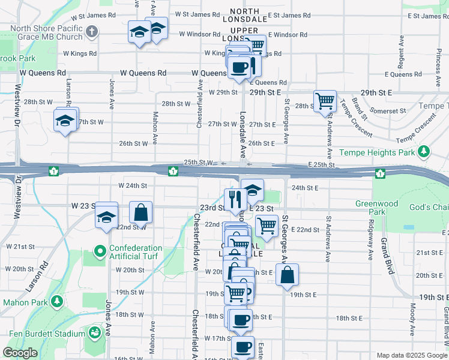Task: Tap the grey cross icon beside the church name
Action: click(x=91, y=31)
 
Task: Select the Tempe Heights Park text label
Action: click(x=377, y=153)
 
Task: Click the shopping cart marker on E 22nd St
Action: click(x=267, y=226)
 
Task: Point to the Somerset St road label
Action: click(x=388, y=111)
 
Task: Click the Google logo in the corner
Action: click(x=20, y=353)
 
